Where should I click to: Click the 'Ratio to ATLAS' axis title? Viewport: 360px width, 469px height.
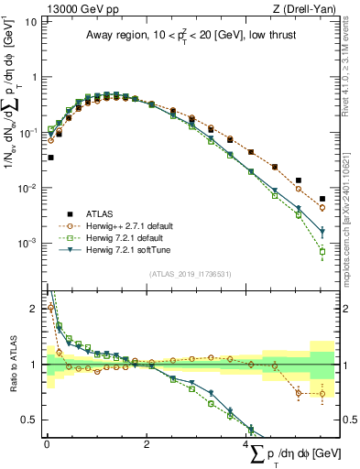click(x=11, y=365)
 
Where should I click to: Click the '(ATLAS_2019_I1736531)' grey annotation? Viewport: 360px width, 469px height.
click(x=191, y=273)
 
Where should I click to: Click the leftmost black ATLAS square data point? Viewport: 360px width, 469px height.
click(x=50, y=158)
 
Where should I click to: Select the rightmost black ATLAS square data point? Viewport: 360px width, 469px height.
click(x=322, y=198)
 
